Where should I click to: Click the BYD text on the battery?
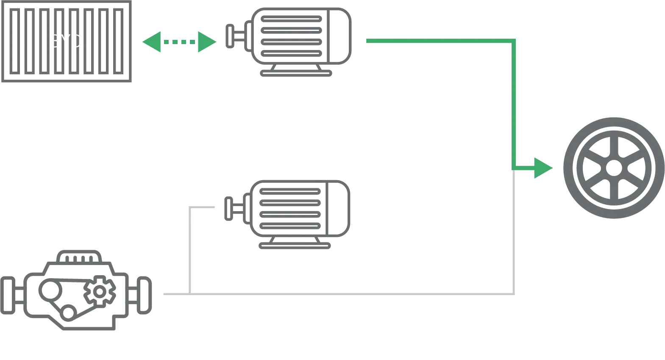pos(66,41)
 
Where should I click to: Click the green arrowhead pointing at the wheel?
pos(543,168)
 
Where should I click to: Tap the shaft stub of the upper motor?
pos(231,37)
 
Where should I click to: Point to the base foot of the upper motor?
pos(295,73)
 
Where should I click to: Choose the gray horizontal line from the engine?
pos(339,293)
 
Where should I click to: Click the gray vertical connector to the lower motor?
pos(190,250)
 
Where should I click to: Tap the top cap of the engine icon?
pos(78,255)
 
